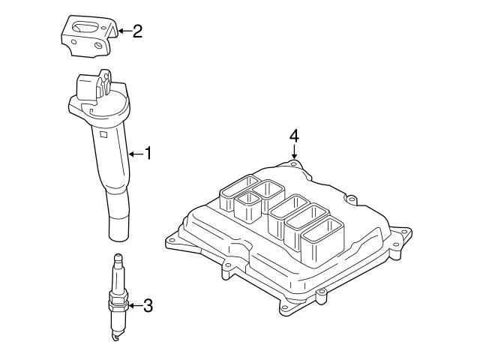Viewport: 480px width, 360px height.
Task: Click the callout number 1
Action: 148,154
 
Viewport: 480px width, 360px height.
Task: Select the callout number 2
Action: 136,31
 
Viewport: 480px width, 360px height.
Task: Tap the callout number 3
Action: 148,305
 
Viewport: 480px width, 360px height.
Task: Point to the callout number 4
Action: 294,136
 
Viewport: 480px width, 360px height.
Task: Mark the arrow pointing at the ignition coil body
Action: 135,154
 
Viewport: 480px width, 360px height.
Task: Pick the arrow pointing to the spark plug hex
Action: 135,305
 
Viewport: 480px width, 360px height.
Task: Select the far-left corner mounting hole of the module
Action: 172,241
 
